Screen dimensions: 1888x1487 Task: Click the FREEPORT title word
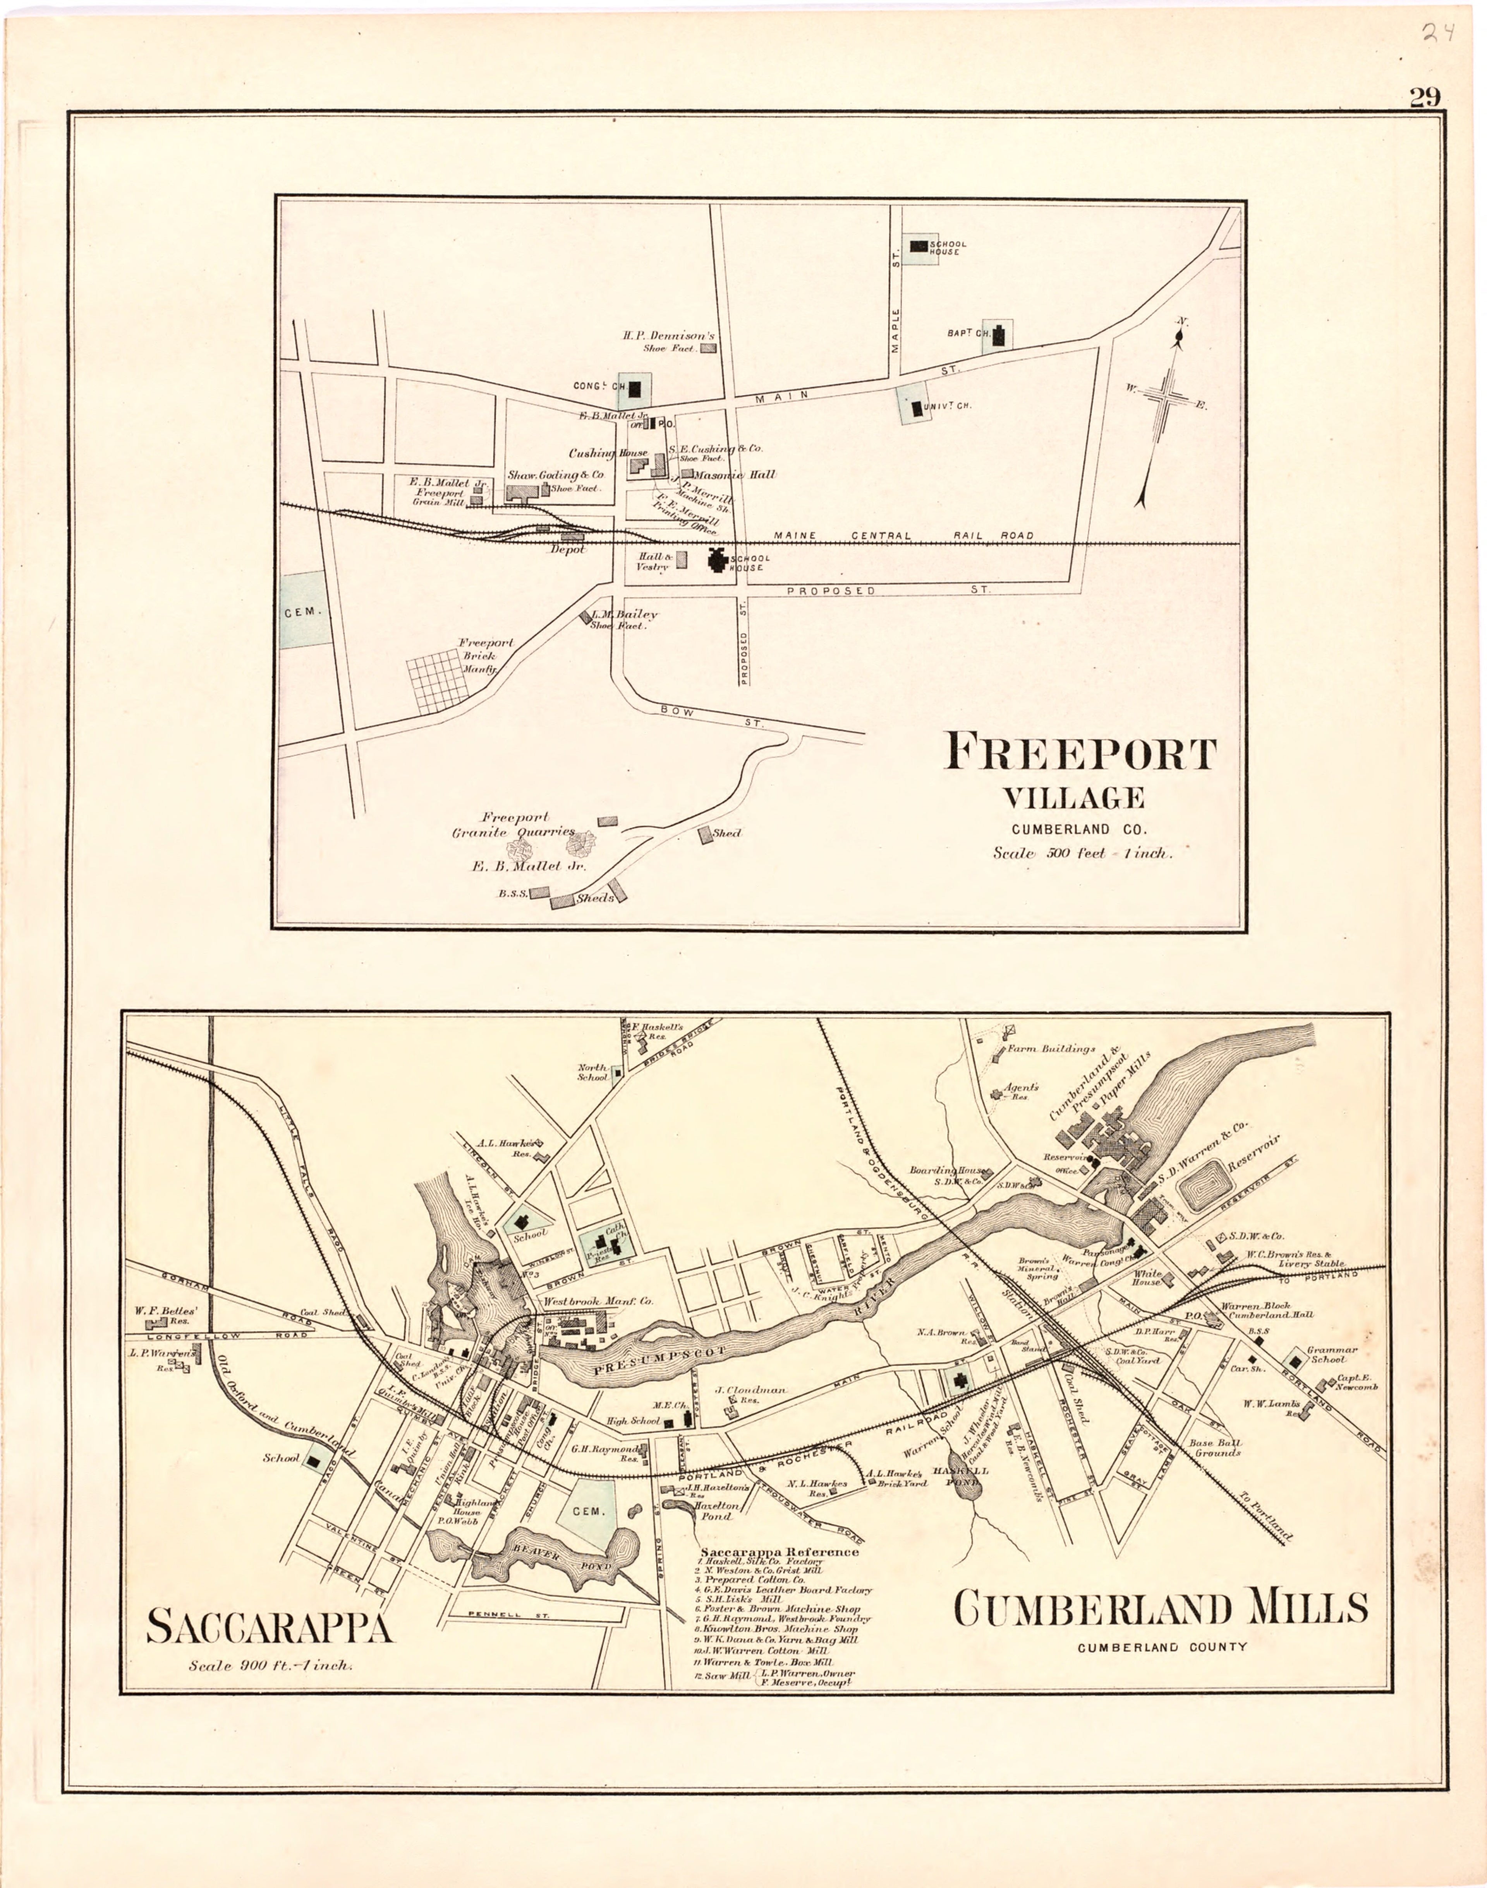(1080, 752)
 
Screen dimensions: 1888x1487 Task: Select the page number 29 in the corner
(1425, 98)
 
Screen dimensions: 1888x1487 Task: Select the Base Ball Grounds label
(1214, 1447)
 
